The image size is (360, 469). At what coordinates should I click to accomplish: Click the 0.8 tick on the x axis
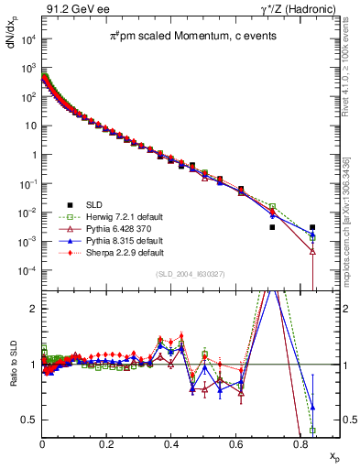300,443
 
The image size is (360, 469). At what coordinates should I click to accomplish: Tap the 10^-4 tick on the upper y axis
28,271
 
